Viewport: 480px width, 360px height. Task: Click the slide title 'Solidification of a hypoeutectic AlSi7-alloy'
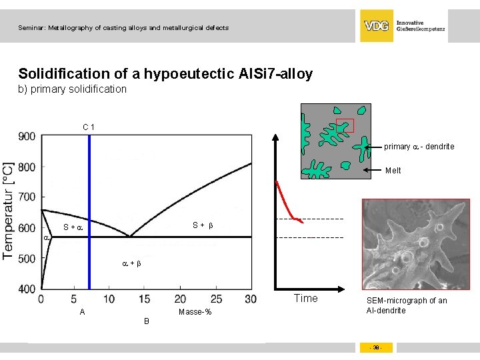[x=165, y=74]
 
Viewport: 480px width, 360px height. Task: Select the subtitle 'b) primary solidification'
[x=72, y=89]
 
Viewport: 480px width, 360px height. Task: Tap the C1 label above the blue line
[x=88, y=127]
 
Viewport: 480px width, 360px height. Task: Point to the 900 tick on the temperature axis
[x=27, y=136]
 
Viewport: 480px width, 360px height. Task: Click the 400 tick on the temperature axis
[x=27, y=289]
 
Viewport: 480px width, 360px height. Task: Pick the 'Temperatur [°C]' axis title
[x=9, y=210]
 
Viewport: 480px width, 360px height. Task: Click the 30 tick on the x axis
[x=250, y=299]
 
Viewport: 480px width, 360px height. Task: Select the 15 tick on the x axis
[x=143, y=299]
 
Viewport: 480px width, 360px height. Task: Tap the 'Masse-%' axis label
[x=195, y=313]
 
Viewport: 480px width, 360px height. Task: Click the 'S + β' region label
[x=203, y=225]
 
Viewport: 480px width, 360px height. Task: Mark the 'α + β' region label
[x=131, y=264]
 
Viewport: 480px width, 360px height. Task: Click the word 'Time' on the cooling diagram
[x=306, y=298]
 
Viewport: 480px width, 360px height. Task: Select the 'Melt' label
[x=393, y=171]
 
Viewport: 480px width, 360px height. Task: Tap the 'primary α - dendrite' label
[x=419, y=147]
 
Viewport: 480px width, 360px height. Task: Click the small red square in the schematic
[x=345, y=125]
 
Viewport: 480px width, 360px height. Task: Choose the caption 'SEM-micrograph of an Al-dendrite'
[x=407, y=305]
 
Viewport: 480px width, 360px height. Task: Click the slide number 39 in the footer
[x=377, y=347]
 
